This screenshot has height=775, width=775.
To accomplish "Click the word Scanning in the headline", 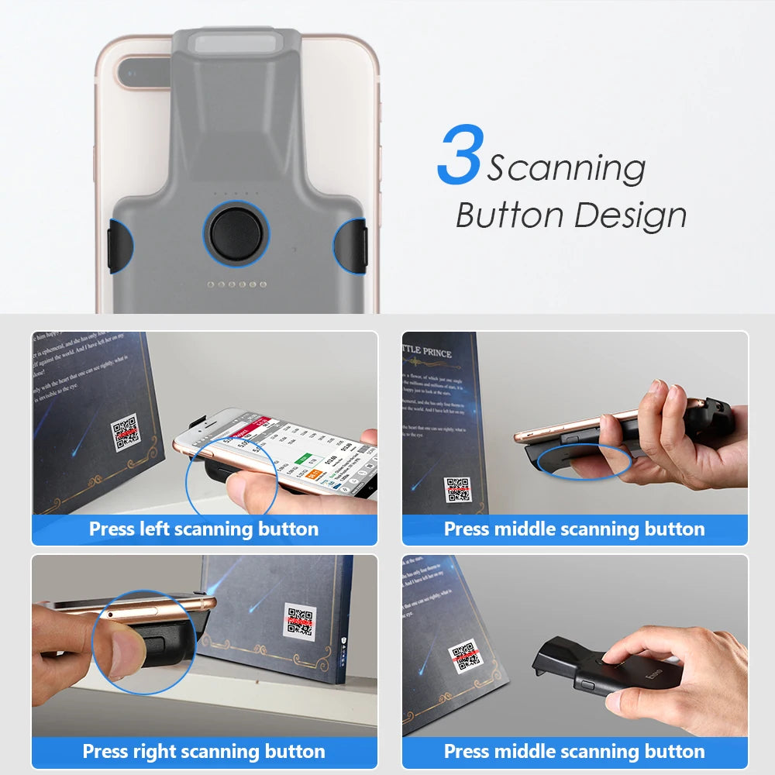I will click(x=566, y=167).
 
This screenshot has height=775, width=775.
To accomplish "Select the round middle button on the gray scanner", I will click(x=236, y=232).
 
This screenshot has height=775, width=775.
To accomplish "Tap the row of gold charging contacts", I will click(x=236, y=284).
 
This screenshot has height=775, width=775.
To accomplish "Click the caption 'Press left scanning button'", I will click(x=204, y=529).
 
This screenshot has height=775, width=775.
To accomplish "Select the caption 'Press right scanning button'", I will click(x=204, y=751).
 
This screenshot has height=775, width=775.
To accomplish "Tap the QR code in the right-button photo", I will click(x=299, y=622).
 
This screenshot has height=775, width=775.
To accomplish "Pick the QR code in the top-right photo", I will click(x=457, y=489).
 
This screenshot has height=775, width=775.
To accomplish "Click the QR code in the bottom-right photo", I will click(x=466, y=655).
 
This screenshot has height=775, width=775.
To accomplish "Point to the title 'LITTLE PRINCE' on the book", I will click(x=428, y=352).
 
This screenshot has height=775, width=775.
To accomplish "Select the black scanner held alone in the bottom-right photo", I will click(x=612, y=666).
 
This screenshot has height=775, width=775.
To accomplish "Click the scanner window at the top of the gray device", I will click(x=236, y=42).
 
